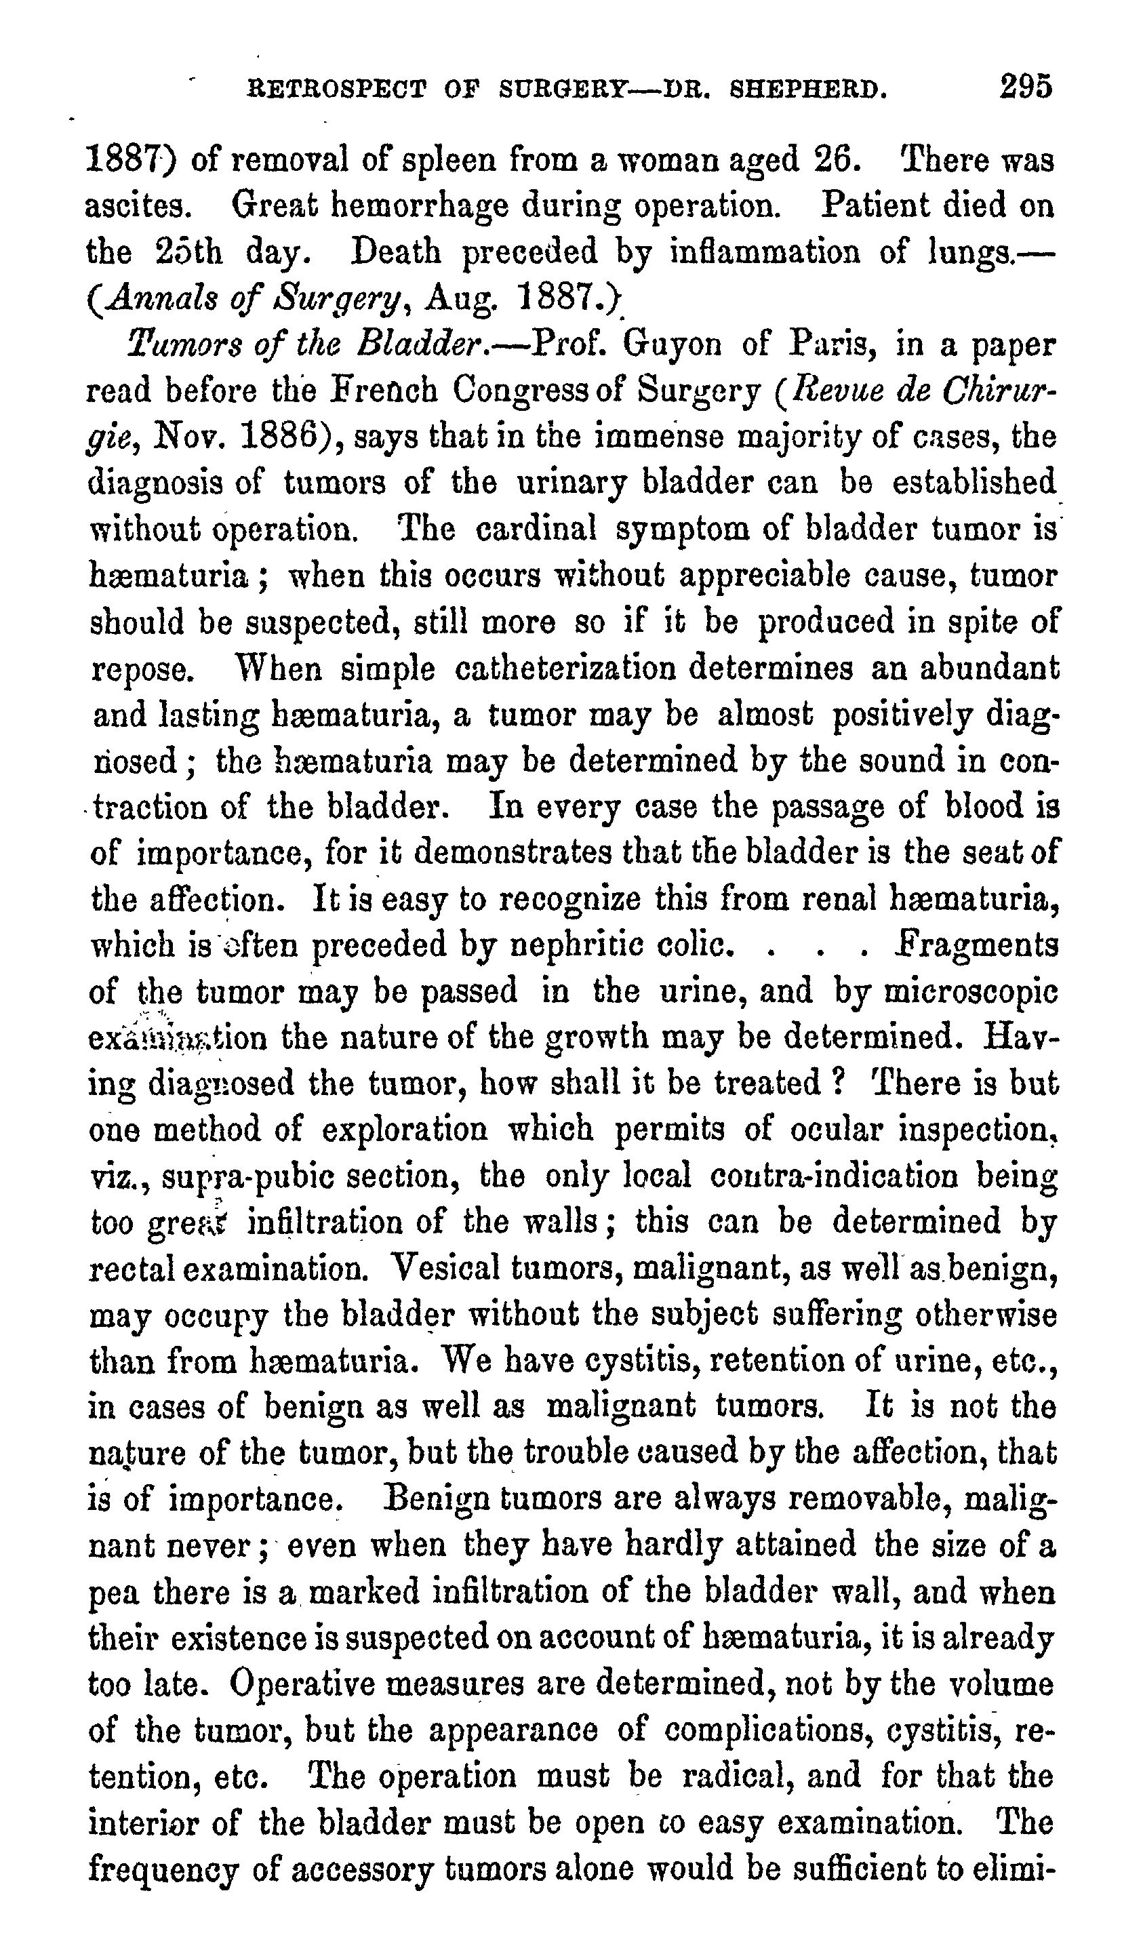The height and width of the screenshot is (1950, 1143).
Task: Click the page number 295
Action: pos(1025,86)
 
